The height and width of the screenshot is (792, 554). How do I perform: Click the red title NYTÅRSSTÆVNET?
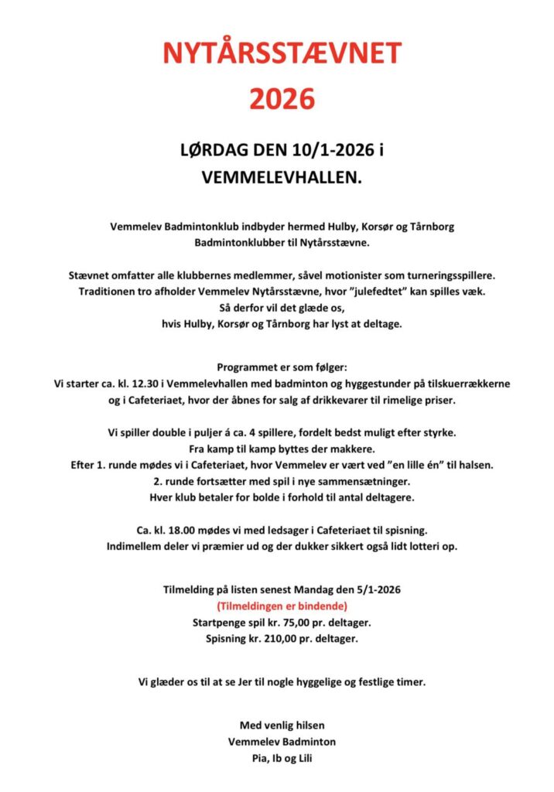point(282,53)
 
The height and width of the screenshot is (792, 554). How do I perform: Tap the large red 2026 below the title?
point(282,99)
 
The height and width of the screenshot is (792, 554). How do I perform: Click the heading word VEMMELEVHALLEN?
point(280,177)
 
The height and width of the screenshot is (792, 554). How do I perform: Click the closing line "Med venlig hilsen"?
point(282,725)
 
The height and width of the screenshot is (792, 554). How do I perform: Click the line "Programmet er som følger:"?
point(281,367)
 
